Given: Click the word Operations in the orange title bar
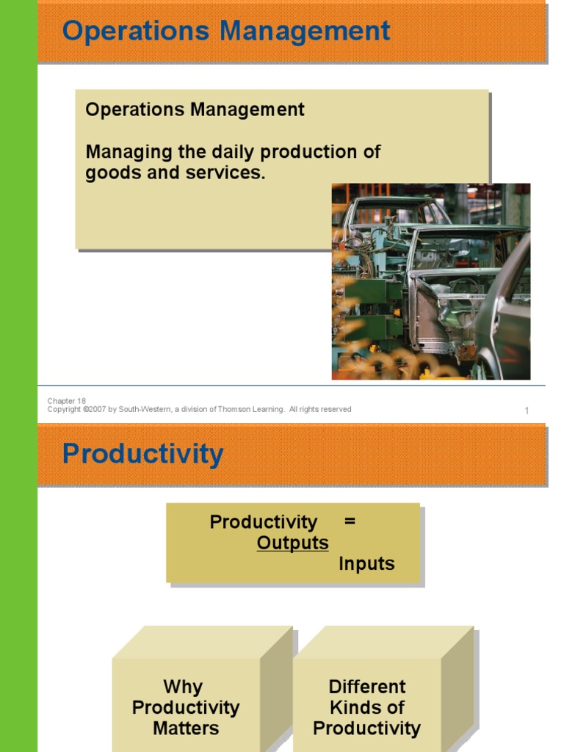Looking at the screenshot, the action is tap(136, 32).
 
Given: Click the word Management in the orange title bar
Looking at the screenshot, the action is tap(305, 32).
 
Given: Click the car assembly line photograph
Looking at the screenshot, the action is tap(431, 281).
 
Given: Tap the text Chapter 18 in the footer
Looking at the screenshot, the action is tap(67, 401).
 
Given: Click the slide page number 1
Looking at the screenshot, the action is tap(527, 411).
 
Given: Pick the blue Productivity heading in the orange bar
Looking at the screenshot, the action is tap(143, 454).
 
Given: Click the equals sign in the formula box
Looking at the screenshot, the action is tap(350, 521).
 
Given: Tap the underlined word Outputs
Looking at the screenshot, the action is tap(292, 543).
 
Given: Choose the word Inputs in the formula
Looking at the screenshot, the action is tap(367, 563).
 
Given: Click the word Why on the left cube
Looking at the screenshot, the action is tap(183, 687).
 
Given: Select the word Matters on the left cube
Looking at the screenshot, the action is tap(186, 728).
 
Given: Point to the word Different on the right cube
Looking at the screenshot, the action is tap(367, 687).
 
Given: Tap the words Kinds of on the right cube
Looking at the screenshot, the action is tap(367, 707).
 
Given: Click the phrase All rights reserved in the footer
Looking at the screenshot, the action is tap(320, 409).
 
